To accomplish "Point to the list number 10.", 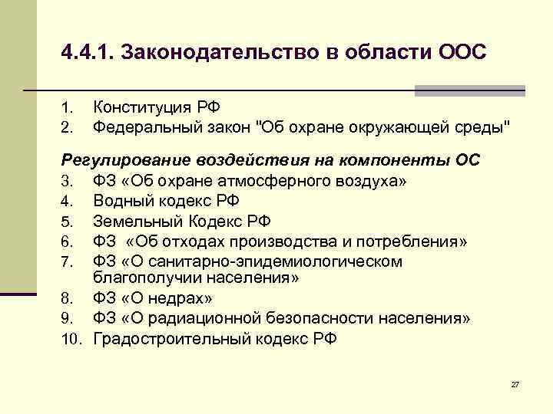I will [x=71, y=339].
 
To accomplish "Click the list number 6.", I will [x=67, y=242].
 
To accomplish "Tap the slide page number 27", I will [x=515, y=383].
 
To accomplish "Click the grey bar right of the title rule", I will [x=469, y=91].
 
